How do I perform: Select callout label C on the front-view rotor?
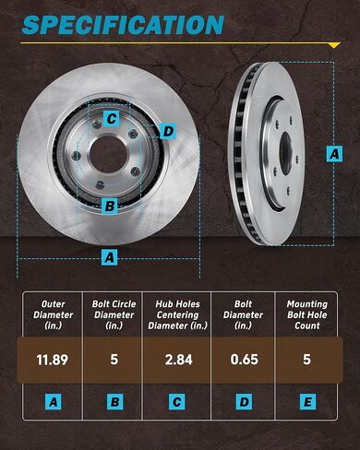(110, 118)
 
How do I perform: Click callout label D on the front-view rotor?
(167, 131)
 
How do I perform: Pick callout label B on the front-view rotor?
(109, 206)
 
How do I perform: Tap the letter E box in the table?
(306, 402)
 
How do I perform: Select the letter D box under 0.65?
(243, 402)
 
